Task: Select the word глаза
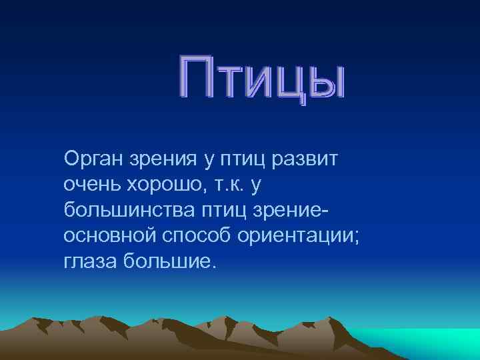tap(90, 259)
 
